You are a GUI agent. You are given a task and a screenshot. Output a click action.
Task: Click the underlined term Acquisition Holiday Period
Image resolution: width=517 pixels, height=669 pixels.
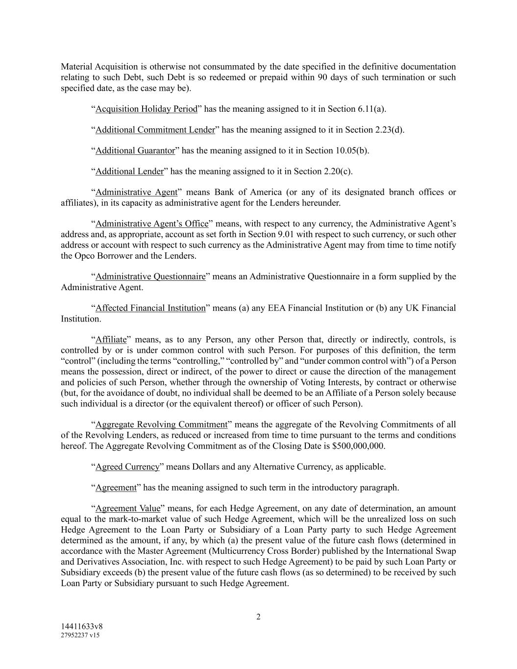pyautogui.click(x=146, y=109)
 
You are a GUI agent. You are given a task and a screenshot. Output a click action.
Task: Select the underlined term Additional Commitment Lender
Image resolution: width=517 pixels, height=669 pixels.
pyautogui.click(x=155, y=130)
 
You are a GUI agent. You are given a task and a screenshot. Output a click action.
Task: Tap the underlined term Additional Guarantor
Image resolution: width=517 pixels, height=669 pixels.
pyautogui.click(x=135, y=150)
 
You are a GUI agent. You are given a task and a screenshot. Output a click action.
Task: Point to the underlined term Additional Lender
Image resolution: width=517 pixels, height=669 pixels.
pyautogui.click(x=129, y=172)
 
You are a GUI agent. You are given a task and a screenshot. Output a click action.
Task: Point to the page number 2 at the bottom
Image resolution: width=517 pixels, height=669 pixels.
pyautogui.click(x=258, y=617)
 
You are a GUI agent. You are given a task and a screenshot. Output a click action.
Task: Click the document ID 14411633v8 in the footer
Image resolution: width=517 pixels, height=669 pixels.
pyautogui.click(x=81, y=626)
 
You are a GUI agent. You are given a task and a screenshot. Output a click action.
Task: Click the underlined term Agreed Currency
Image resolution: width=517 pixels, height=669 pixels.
pyautogui.click(x=127, y=467)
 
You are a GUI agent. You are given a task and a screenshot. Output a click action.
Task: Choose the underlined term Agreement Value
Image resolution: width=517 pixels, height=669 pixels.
pyautogui.click(x=127, y=508)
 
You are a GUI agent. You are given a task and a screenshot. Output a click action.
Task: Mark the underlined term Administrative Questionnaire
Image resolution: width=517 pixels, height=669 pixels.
pyautogui.click(x=150, y=276)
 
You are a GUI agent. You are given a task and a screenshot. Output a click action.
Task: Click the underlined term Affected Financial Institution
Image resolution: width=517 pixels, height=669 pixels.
pyautogui.click(x=150, y=308)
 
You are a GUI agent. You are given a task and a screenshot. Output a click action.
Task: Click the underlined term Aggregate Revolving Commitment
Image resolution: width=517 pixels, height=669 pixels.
pyautogui.click(x=161, y=424)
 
